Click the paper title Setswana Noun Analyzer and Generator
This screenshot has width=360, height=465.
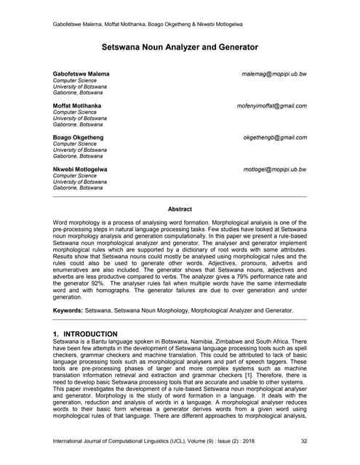(180, 48)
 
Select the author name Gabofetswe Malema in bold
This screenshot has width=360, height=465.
(81, 74)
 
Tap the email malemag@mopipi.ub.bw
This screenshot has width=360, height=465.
(274, 74)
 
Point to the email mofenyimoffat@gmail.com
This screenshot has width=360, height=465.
(271, 105)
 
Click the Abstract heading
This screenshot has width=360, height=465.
(180, 209)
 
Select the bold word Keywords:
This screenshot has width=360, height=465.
(69, 310)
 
